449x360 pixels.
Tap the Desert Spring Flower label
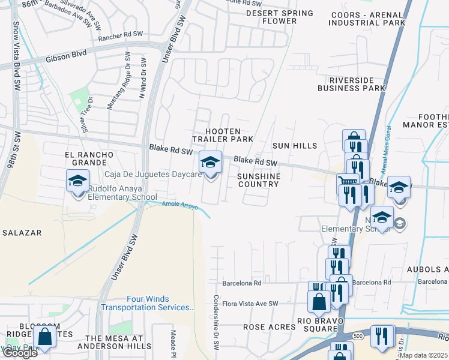[x=280, y=17]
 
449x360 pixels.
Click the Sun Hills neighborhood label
[x=294, y=146]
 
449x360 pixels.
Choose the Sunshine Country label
[x=258, y=180]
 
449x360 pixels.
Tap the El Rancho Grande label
[x=89, y=158]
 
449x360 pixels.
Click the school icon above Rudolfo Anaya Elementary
[x=77, y=181]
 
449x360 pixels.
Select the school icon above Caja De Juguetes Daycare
[x=210, y=161]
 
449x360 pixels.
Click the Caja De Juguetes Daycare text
[x=153, y=175]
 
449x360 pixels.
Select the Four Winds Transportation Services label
[x=148, y=304]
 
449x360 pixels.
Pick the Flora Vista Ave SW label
[x=251, y=304]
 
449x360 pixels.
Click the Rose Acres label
[x=267, y=328]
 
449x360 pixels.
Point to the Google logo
[x=19, y=353]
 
